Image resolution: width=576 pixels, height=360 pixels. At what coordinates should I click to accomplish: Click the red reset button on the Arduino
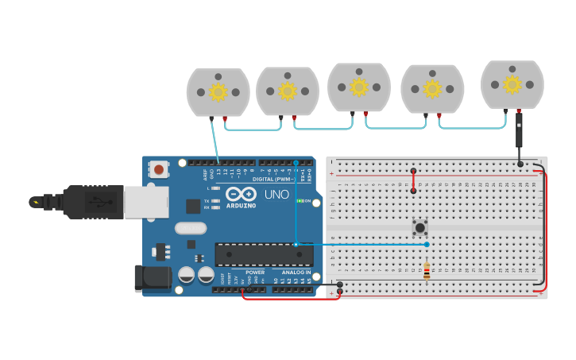point(159,168)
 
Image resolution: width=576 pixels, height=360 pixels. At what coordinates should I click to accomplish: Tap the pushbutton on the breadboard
point(419,228)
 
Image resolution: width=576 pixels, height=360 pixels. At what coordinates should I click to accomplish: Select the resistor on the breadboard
point(427,270)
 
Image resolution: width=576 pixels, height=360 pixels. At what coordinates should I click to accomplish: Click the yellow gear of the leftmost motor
point(218,91)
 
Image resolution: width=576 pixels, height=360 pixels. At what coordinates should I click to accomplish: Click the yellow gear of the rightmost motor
point(512,83)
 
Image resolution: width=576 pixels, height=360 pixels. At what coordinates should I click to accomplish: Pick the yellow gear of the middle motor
point(359,87)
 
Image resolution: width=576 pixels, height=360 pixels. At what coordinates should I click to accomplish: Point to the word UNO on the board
point(276,194)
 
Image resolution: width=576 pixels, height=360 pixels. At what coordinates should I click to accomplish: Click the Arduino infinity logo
point(241,193)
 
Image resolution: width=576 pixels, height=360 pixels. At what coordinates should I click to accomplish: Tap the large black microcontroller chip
point(264,254)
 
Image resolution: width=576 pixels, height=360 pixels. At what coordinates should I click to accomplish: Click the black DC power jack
point(152,277)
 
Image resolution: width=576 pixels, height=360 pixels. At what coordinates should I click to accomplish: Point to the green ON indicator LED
point(300,201)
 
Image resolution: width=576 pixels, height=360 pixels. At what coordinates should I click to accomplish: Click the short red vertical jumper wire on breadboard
point(413,180)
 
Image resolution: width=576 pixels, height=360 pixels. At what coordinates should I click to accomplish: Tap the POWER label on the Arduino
point(255,273)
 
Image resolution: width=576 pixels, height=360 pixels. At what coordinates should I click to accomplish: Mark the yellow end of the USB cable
point(37,202)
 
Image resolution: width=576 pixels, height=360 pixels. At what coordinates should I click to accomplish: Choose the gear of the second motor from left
point(287,91)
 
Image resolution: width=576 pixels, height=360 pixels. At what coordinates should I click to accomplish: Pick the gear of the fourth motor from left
point(432,88)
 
